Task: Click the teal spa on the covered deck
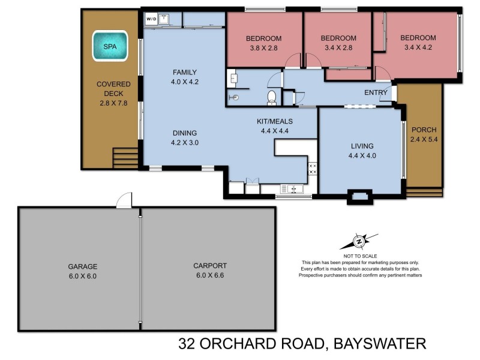point(110,46)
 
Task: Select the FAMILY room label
point(185,72)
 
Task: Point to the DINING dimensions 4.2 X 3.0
point(185,143)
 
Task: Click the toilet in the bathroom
point(271,97)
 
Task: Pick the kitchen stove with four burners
point(312,169)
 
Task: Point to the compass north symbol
point(358,241)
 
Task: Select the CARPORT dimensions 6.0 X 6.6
point(209,276)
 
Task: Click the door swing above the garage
point(124,201)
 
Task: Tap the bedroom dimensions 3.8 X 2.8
point(263,49)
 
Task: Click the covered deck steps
point(126,157)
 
